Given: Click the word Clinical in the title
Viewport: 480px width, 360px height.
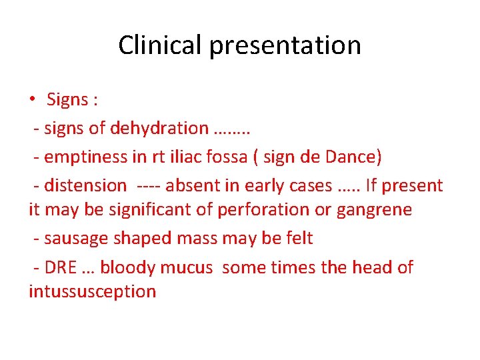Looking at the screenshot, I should point(161,45).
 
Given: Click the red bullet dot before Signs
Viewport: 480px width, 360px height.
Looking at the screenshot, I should point(32,100).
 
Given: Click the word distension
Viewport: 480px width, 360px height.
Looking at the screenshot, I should point(85,185).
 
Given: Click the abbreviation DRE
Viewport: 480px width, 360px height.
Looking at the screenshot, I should point(60,267).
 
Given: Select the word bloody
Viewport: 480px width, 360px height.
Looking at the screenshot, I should point(132,267).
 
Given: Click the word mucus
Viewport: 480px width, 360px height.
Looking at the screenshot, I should point(191,267).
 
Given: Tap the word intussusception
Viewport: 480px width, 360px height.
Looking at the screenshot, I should point(92,291).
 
